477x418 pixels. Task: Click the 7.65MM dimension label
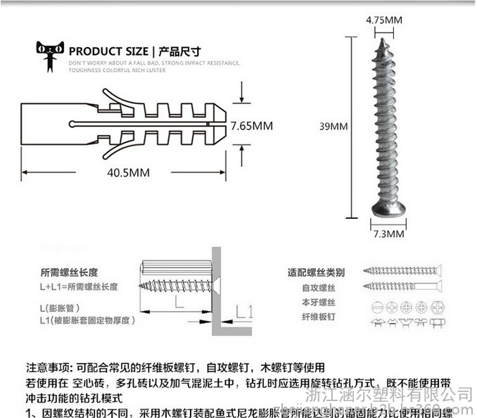(252, 126)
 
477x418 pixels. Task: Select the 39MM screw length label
(333, 127)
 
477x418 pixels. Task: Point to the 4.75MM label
(384, 20)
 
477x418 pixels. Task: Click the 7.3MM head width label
(388, 233)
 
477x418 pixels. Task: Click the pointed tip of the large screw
(386, 43)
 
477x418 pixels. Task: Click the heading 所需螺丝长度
(68, 272)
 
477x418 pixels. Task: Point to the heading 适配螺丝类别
(316, 272)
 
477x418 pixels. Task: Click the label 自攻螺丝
(316, 287)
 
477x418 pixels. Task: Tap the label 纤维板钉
(316, 317)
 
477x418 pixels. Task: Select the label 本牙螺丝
(316, 303)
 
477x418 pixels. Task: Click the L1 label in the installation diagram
(243, 311)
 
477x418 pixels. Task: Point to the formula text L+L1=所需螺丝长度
(78, 287)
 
